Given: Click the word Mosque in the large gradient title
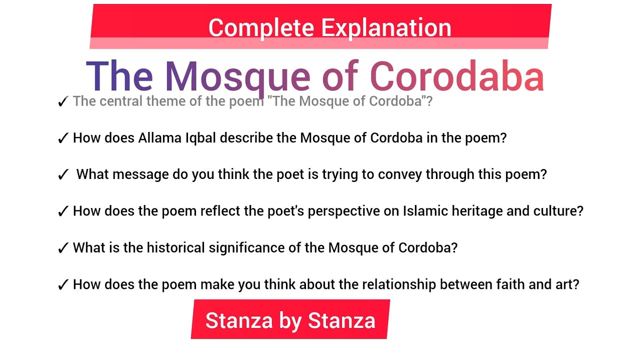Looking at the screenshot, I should [x=237, y=76].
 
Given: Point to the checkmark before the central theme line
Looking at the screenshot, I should [x=63, y=101].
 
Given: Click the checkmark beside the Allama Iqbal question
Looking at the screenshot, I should [x=63, y=138].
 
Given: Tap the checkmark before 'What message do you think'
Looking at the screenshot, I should [x=63, y=175].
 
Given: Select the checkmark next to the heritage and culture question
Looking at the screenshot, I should [x=63, y=211].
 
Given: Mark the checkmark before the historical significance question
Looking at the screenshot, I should [x=63, y=248].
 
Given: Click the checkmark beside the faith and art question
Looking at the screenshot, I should [x=63, y=285].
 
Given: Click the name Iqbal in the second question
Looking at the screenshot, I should [x=202, y=138].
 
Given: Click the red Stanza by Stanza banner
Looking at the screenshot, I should [x=290, y=320].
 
